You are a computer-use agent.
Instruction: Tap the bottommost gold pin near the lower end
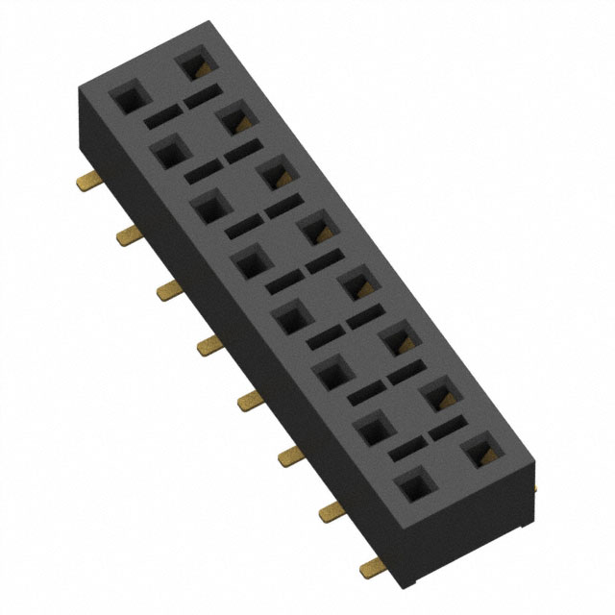pyautogui.click(x=370, y=570)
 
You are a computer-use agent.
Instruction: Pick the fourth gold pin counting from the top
pyautogui.click(x=207, y=345)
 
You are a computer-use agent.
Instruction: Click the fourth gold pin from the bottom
pyautogui.click(x=248, y=401)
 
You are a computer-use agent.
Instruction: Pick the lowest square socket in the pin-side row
pyautogui.click(x=413, y=490)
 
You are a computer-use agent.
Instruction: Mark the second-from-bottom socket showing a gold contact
pyautogui.click(x=438, y=395)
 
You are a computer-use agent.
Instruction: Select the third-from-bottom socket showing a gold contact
pyautogui.click(x=397, y=340)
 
